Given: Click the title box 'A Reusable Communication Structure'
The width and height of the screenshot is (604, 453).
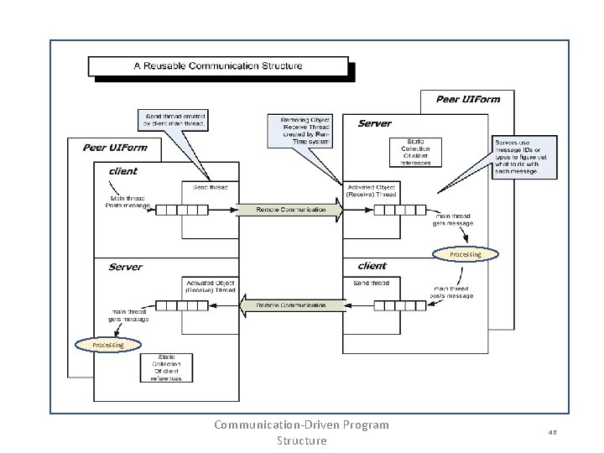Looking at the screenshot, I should (x=217, y=65).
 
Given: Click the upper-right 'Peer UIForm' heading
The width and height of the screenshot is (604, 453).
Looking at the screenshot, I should (x=467, y=99).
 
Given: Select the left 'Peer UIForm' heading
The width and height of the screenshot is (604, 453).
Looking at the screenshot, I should (x=114, y=148).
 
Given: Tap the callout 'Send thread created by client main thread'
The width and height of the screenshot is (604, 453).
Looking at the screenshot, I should (x=176, y=120).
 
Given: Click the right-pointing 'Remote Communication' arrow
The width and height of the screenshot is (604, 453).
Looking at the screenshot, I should (x=290, y=210).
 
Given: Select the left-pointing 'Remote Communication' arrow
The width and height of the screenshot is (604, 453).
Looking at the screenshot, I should (x=290, y=305).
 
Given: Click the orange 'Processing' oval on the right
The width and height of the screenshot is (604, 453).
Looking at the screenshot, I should (x=465, y=253).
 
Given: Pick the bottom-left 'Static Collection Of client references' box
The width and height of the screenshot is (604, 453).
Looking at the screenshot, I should (x=167, y=367).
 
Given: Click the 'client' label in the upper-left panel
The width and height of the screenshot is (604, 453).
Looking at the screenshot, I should (x=123, y=171).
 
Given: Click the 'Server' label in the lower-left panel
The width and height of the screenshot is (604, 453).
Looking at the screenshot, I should (x=125, y=267).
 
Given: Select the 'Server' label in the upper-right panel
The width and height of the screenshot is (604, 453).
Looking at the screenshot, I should (x=374, y=123).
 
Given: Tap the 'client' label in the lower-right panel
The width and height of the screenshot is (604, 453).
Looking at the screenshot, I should (x=372, y=266).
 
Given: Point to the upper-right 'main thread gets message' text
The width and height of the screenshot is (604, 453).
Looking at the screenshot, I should (x=453, y=220).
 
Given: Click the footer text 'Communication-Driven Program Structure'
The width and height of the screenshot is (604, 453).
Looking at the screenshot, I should (x=301, y=432).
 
